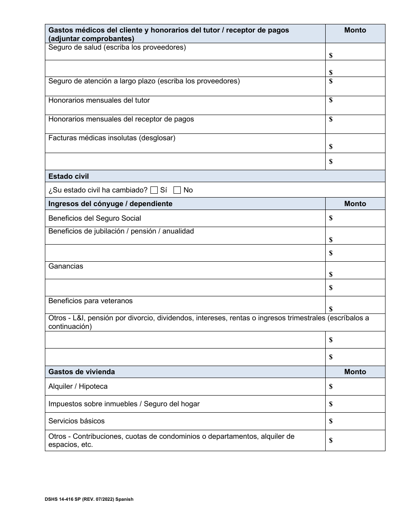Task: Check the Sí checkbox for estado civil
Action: click(154, 190)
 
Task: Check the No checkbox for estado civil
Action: click(177, 190)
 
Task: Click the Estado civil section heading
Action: click(69, 176)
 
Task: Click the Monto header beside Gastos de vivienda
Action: click(355, 372)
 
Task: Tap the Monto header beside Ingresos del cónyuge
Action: click(355, 204)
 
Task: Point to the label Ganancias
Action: click(66, 266)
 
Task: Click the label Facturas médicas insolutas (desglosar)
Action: click(112, 138)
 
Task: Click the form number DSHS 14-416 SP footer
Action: click(89, 499)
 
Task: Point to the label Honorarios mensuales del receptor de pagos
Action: click(121, 119)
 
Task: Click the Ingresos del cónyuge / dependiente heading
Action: click(110, 204)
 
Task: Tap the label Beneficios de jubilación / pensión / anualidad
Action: click(121, 231)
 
